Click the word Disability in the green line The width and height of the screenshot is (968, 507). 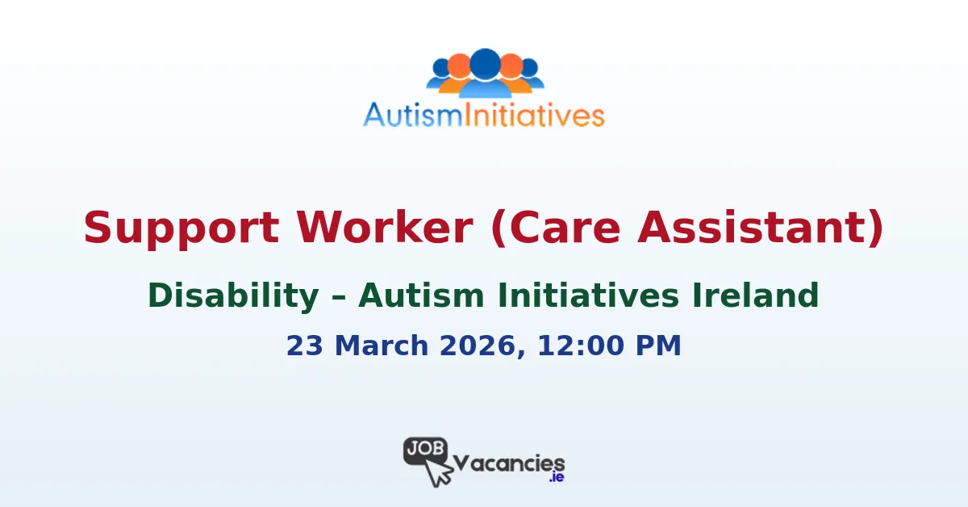[x=233, y=295]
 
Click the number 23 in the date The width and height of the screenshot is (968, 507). [x=304, y=346]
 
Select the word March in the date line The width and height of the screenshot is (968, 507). [x=372, y=346]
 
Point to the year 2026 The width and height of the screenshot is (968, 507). [x=474, y=346]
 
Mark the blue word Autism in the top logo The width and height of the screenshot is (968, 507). [x=410, y=115]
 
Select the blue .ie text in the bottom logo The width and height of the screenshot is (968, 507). [x=556, y=478]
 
